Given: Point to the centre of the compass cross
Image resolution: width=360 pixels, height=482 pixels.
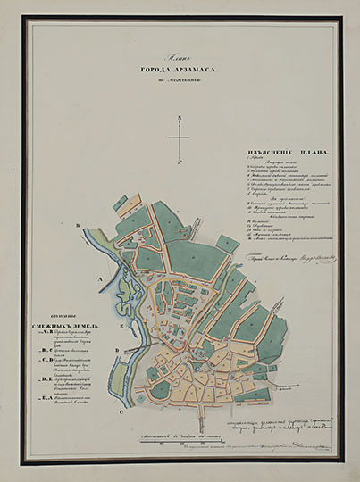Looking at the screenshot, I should (x=179, y=136).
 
